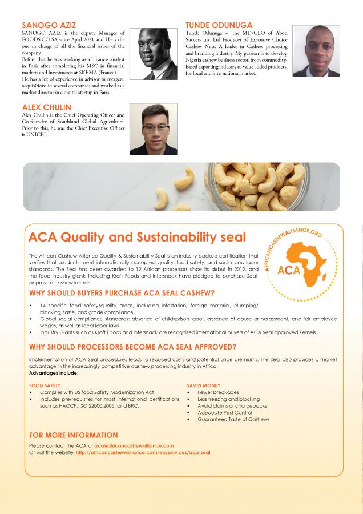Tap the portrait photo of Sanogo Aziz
coord(154,53)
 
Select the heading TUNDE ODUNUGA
coord(219,26)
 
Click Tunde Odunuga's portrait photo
coord(316,51)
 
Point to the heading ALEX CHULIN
coord(47,107)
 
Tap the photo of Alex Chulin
coord(154,128)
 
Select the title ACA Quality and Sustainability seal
coord(137,237)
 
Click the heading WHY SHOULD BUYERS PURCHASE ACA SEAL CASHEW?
coord(122,293)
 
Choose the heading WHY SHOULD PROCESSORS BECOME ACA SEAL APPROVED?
coord(132,347)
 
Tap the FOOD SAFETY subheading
coord(45,385)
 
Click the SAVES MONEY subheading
coord(203,385)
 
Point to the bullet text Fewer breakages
coord(218,392)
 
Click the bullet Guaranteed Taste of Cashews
coord(233,419)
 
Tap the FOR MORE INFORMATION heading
coord(73,435)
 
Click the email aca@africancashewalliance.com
coord(134,445)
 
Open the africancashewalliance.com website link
coord(143,452)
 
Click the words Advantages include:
coord(54,373)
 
